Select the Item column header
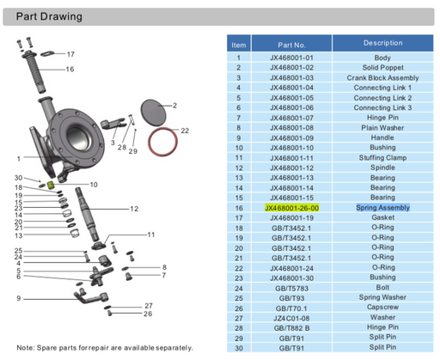(239, 44)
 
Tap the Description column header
(382, 43)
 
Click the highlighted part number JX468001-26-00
(291, 208)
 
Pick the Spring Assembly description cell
(382, 208)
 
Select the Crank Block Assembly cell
(382, 77)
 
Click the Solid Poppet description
(382, 67)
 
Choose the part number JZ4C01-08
(291, 317)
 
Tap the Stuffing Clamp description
(382, 157)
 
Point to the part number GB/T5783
(291, 288)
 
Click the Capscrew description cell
(382, 308)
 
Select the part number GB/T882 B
(291, 327)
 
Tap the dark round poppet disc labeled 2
(152, 111)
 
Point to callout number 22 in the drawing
(184, 131)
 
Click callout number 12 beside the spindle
(135, 209)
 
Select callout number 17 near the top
(70, 54)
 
